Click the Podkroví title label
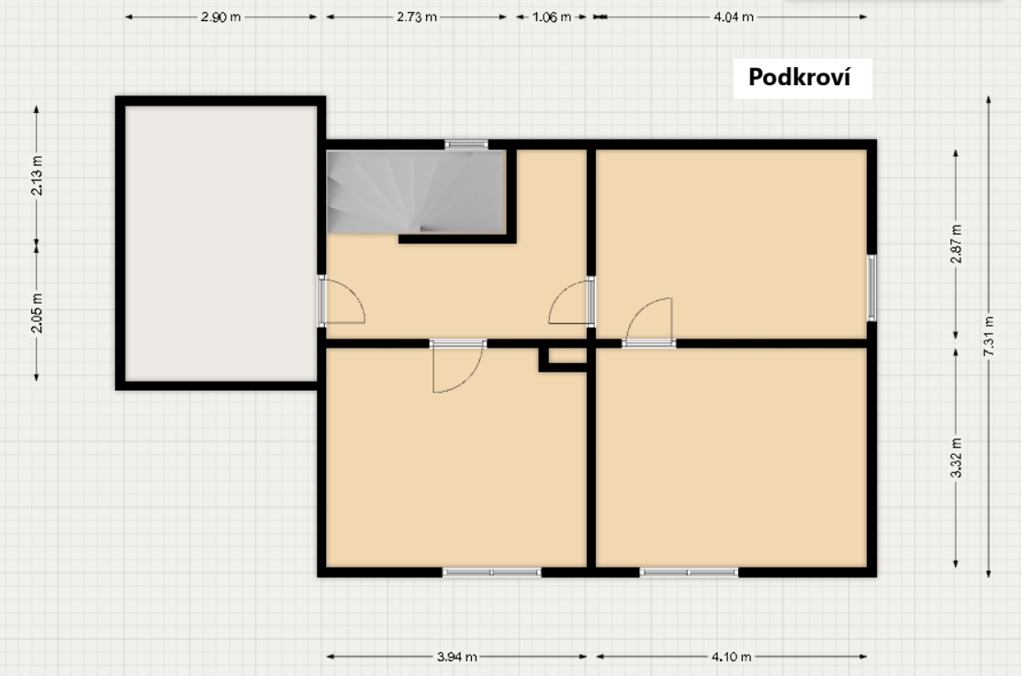pyautogui.click(x=800, y=77)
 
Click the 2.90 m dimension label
pyautogui.click(x=220, y=17)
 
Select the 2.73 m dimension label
pyautogui.click(x=417, y=17)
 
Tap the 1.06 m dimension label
pyautogui.click(x=552, y=17)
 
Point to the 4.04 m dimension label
pyautogui.click(x=734, y=17)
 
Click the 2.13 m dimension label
pyautogui.click(x=37, y=175)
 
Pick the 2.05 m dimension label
pyautogui.click(x=37, y=313)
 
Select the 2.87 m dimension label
pyautogui.click(x=956, y=244)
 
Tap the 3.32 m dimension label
pyautogui.click(x=956, y=458)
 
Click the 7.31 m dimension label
pyautogui.click(x=989, y=336)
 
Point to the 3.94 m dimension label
pyautogui.click(x=456, y=657)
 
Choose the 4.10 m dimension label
pyautogui.click(x=731, y=657)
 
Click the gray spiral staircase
pyautogui.click(x=416, y=192)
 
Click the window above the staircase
pyautogui.click(x=466, y=144)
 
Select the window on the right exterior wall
pyautogui.click(x=871, y=288)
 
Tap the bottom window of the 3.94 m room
pyautogui.click(x=491, y=572)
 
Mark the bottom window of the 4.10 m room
pyautogui.click(x=689, y=572)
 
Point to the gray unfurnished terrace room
pyautogui.click(x=220, y=243)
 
